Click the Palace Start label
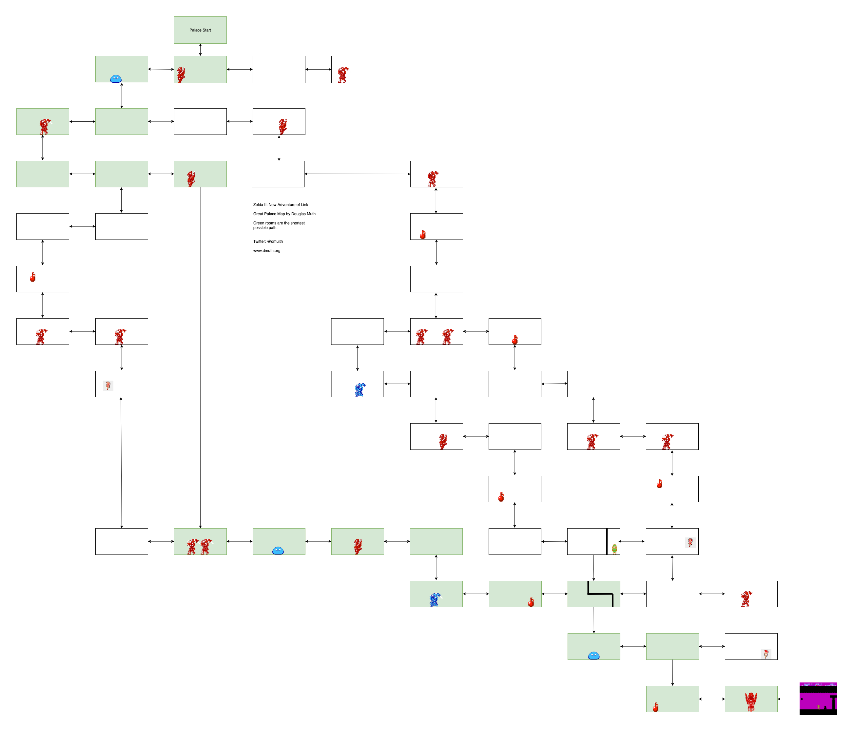click(200, 30)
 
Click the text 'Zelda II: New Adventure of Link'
click(281, 205)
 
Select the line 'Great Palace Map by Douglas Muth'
click(284, 214)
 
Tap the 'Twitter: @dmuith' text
click(268, 241)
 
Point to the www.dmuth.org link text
click(267, 250)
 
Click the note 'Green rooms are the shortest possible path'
click(279, 225)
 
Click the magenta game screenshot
click(818, 699)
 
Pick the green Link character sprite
click(614, 549)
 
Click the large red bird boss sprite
click(751, 701)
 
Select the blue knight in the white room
click(360, 390)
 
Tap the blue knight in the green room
click(435, 600)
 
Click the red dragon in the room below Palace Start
click(181, 75)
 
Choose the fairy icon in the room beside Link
click(690, 542)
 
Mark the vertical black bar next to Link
click(607, 541)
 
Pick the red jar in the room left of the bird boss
click(656, 707)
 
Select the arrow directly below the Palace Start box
click(200, 50)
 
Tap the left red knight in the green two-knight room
click(192, 546)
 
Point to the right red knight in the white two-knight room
click(447, 336)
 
